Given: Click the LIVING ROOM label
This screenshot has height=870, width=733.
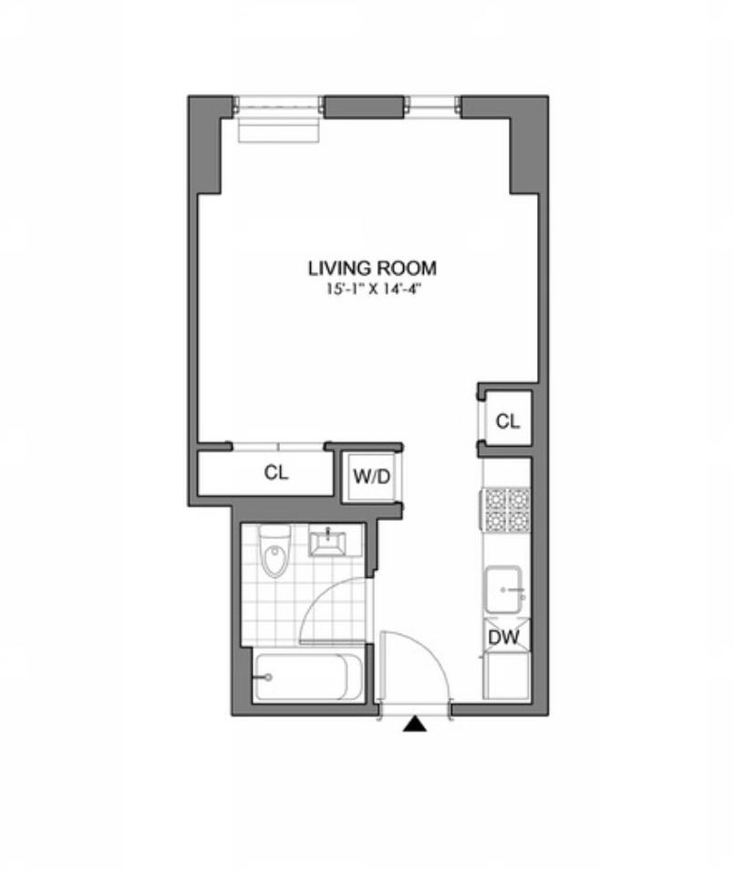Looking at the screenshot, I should coord(372,268).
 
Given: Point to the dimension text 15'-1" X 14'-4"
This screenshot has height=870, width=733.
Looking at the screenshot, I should coord(372,289).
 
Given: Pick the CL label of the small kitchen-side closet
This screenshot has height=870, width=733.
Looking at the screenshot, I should coord(507,421).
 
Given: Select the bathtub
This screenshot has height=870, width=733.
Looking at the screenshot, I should coord(300,678).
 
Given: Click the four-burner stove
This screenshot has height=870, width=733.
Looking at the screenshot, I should coord(506,509).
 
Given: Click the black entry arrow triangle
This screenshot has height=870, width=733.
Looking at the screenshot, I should coord(416,725).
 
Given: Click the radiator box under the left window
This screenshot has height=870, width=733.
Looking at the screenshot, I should coord(279,129).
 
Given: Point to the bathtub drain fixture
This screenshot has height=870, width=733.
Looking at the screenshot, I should coord(267,678).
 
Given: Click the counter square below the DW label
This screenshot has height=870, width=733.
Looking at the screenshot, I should coord(506,674).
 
